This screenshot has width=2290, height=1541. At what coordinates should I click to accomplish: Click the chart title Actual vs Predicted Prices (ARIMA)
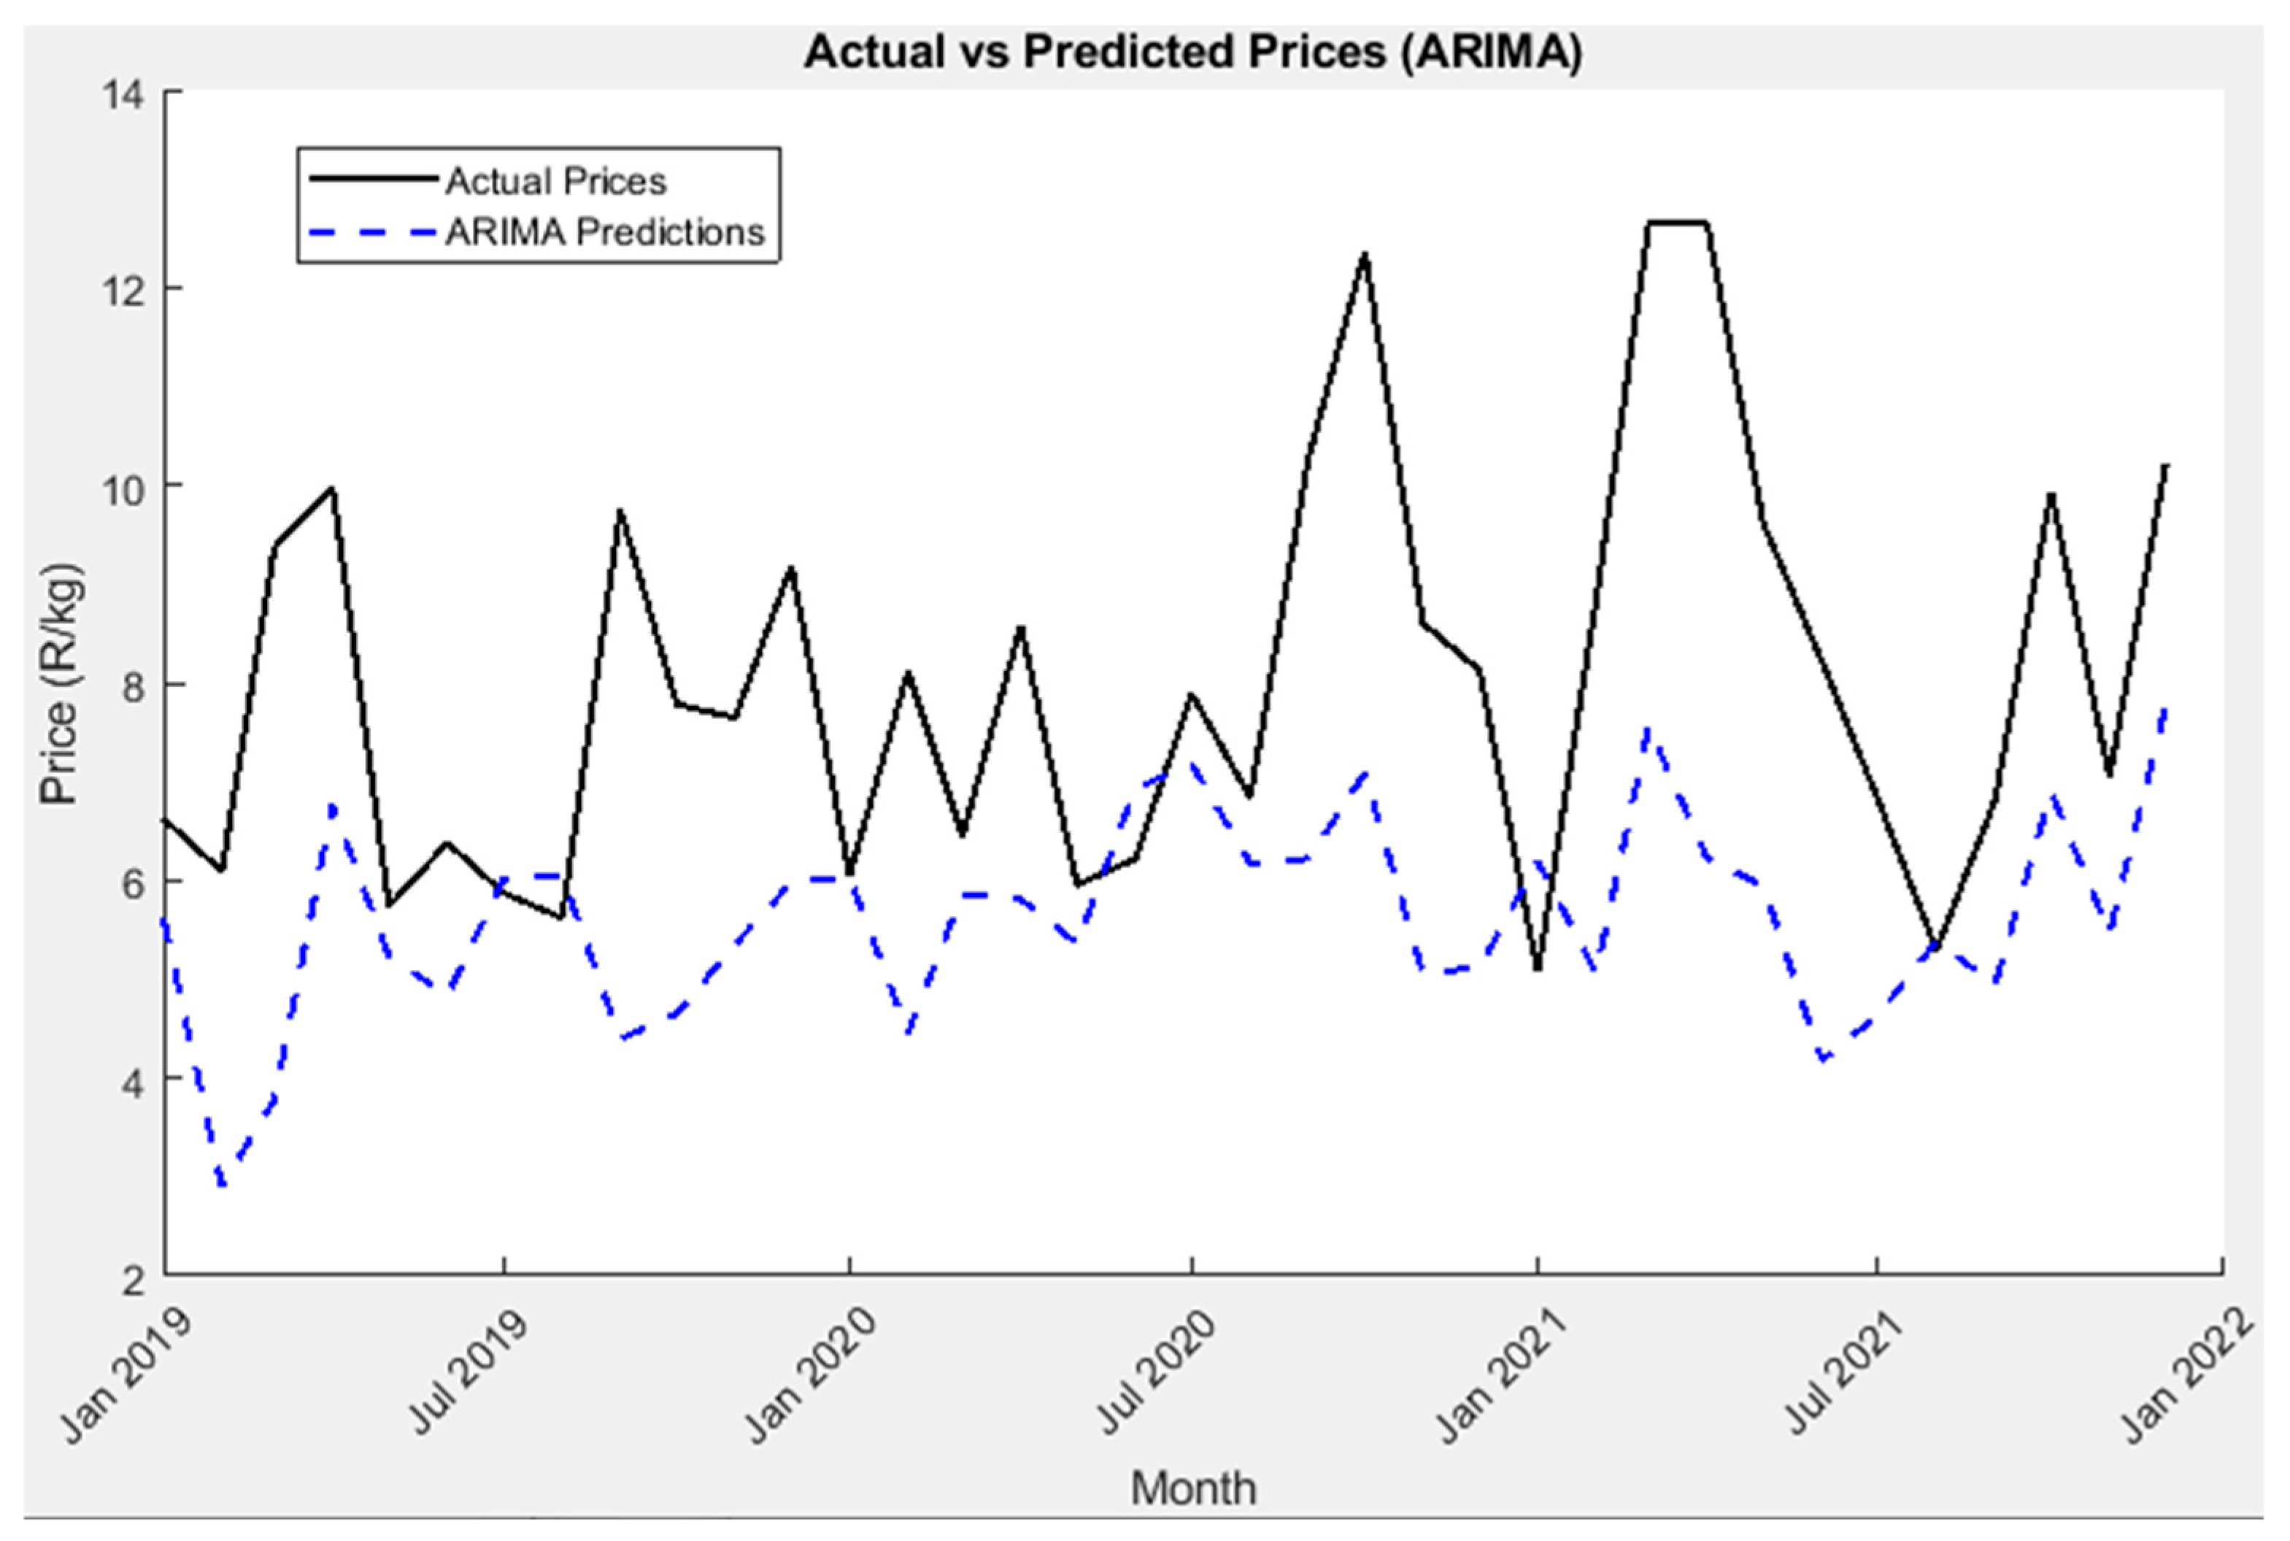pyautogui.click(x=1192, y=52)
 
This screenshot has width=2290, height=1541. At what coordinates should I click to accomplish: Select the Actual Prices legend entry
pyautogui.click(x=555, y=182)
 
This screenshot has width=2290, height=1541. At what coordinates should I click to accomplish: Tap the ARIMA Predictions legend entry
pyautogui.click(x=604, y=233)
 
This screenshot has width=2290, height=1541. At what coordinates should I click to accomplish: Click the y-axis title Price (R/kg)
pyautogui.click(x=60, y=685)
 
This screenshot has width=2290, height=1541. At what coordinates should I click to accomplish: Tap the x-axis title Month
pyautogui.click(x=1192, y=1487)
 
